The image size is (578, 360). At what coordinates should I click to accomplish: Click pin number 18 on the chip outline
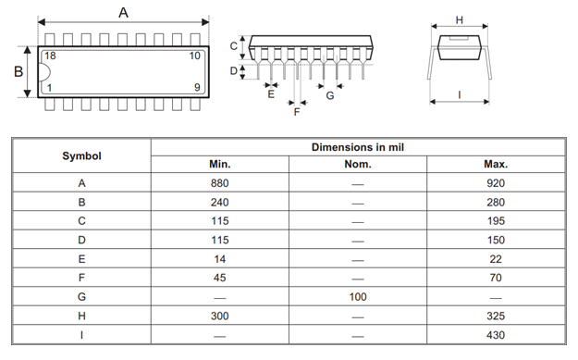(50, 56)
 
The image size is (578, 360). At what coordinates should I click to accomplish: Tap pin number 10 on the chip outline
(194, 56)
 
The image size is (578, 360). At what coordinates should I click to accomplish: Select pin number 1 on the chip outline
(49, 88)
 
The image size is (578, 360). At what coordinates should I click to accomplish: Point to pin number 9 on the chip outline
(196, 88)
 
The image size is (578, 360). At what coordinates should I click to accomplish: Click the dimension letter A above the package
(124, 11)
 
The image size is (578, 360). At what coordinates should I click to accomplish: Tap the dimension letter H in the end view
(460, 19)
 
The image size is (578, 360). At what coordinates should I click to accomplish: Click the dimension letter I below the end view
(460, 94)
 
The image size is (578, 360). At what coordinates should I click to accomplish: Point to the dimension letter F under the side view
(297, 112)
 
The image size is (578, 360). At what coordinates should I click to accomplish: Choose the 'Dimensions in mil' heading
(357, 146)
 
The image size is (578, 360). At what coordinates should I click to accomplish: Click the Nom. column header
(357, 165)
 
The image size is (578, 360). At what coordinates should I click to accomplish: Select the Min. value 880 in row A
(220, 182)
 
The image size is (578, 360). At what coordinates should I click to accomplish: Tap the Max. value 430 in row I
(496, 334)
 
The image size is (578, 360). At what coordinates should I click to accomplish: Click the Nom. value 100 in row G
(357, 296)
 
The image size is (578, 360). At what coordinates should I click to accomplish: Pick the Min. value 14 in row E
(220, 258)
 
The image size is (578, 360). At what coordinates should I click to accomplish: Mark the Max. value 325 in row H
(496, 316)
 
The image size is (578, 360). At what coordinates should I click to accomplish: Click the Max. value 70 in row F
(496, 278)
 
